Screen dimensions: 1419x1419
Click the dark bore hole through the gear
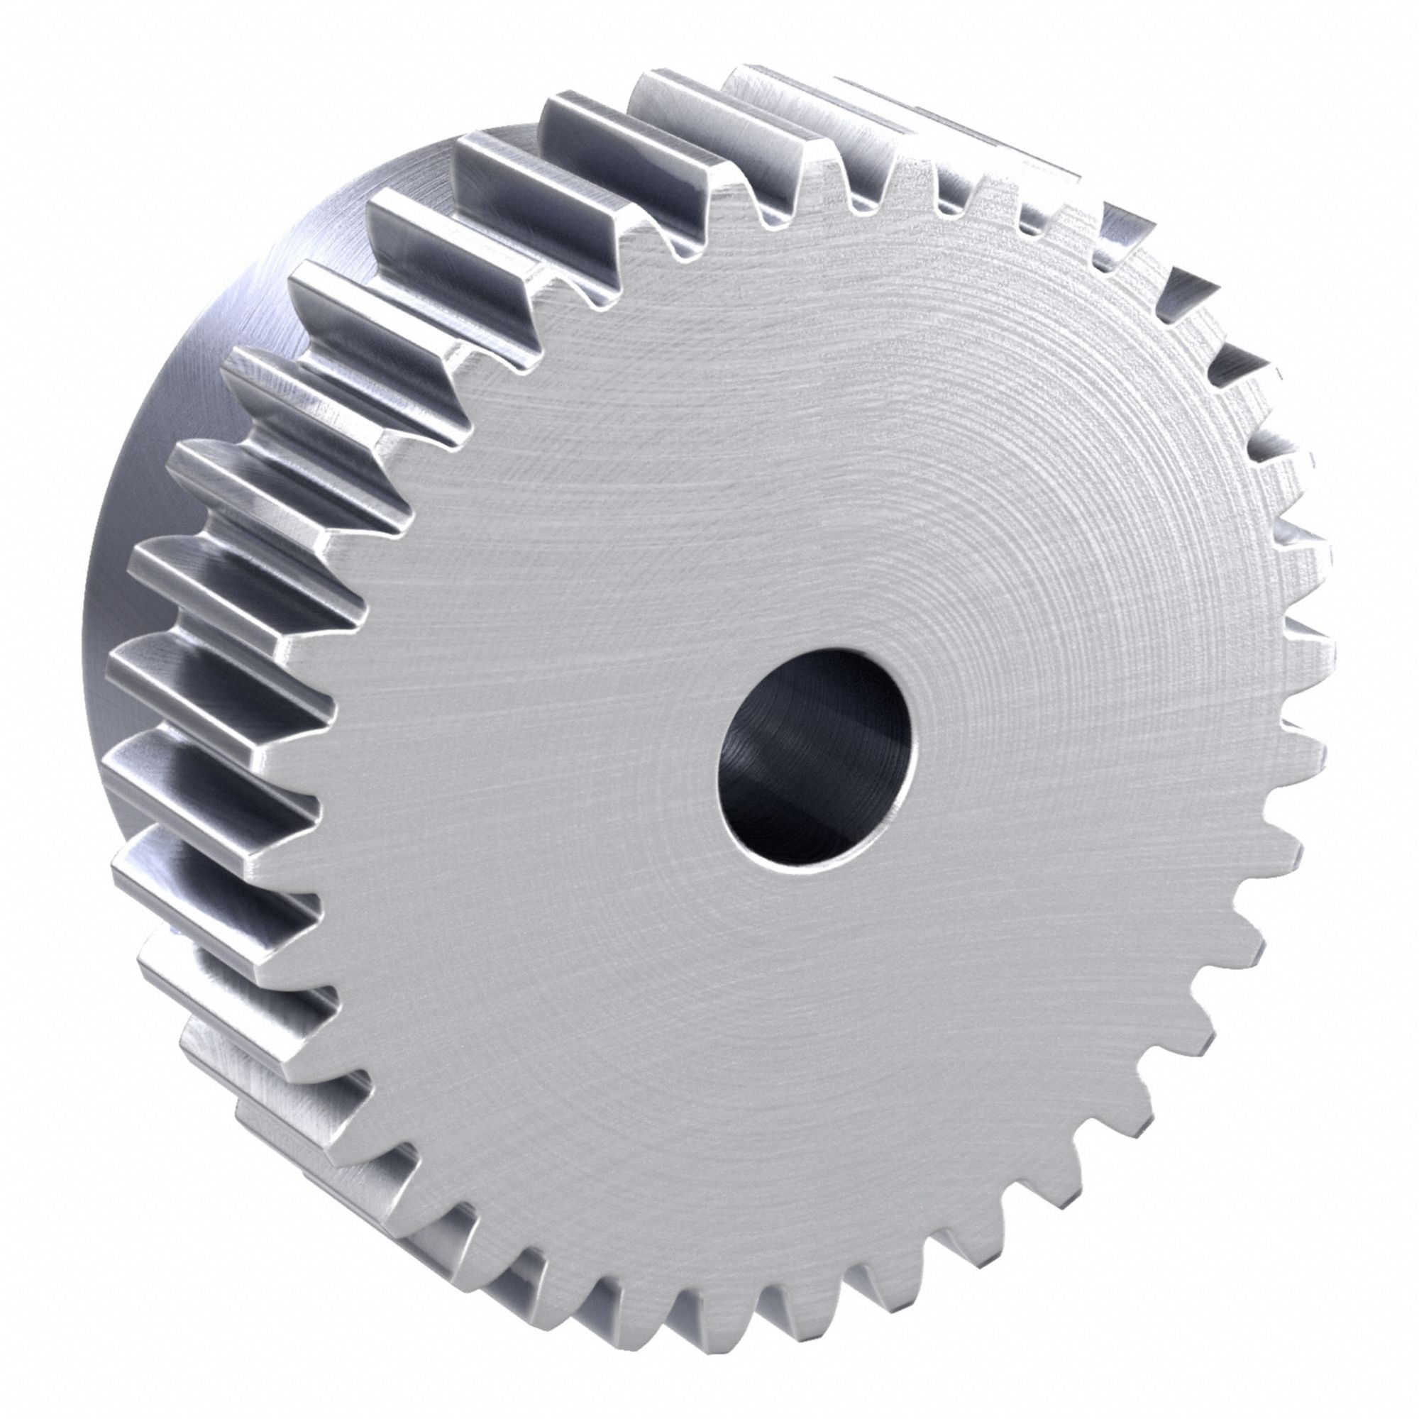click(x=815, y=756)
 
